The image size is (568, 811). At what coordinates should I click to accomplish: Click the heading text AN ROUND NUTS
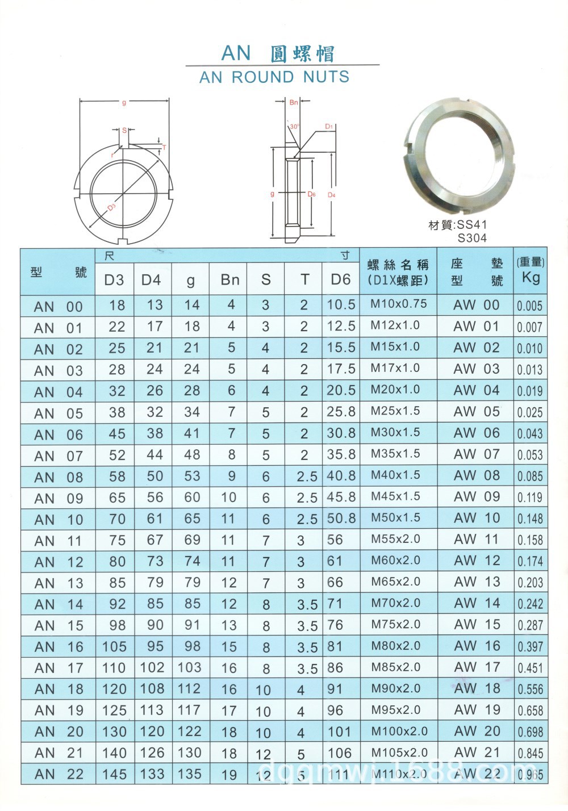(274, 77)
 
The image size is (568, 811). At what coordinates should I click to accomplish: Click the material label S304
(472, 238)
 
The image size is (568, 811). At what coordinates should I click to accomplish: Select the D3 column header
(114, 279)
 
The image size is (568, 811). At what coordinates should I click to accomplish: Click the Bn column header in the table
(230, 279)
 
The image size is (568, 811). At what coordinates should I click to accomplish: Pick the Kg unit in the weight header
(531, 278)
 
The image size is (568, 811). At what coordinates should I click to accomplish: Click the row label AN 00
(59, 307)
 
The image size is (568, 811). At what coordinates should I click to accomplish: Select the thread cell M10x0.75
(399, 304)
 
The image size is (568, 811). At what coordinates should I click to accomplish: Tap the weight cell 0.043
(530, 434)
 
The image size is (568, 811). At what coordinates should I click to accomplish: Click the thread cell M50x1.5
(396, 518)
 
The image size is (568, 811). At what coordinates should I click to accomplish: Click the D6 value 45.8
(341, 498)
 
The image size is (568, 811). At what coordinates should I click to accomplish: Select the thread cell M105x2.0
(399, 753)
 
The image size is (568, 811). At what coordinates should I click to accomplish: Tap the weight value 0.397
(530, 647)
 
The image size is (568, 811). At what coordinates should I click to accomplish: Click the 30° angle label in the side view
(294, 127)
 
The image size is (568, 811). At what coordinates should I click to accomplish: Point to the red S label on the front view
(124, 131)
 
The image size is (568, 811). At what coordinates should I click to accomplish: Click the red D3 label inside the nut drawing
(111, 207)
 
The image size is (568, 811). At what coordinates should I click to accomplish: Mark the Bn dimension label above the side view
(294, 103)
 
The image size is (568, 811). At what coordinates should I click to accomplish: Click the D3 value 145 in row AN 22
(114, 774)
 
